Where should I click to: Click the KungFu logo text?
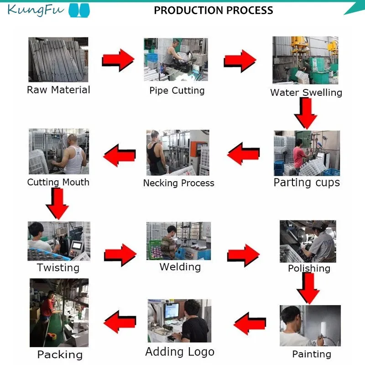36,10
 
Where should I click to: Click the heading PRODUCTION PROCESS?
214,10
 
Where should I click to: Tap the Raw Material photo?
58,59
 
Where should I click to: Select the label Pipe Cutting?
177,90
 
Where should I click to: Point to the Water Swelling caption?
306,93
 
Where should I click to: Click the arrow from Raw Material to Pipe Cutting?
118,59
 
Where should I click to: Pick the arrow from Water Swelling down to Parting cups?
305,113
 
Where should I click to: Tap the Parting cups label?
307,182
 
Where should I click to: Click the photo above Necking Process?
177,152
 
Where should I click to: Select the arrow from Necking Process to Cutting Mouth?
120,154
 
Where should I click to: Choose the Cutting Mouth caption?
58,182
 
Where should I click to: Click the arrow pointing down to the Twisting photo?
57,203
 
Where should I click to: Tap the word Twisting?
58,267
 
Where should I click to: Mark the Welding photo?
178,241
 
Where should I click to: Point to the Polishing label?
309,268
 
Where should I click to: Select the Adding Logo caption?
180,352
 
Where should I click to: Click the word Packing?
60,355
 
